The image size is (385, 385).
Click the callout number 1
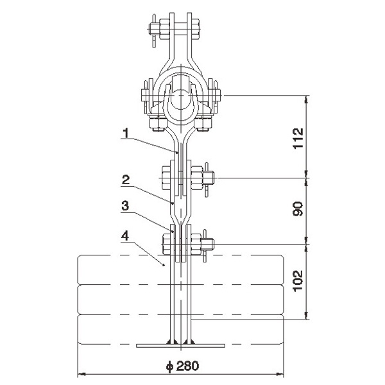126,133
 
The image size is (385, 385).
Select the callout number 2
126,180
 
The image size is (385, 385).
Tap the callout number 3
125,206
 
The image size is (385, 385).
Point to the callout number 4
125,236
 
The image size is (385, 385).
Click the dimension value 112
298,138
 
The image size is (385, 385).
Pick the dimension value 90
298,209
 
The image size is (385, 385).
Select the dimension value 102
298,280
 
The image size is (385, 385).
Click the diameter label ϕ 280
182,366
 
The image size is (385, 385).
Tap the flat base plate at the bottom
181,345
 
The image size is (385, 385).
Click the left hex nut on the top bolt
164,30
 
